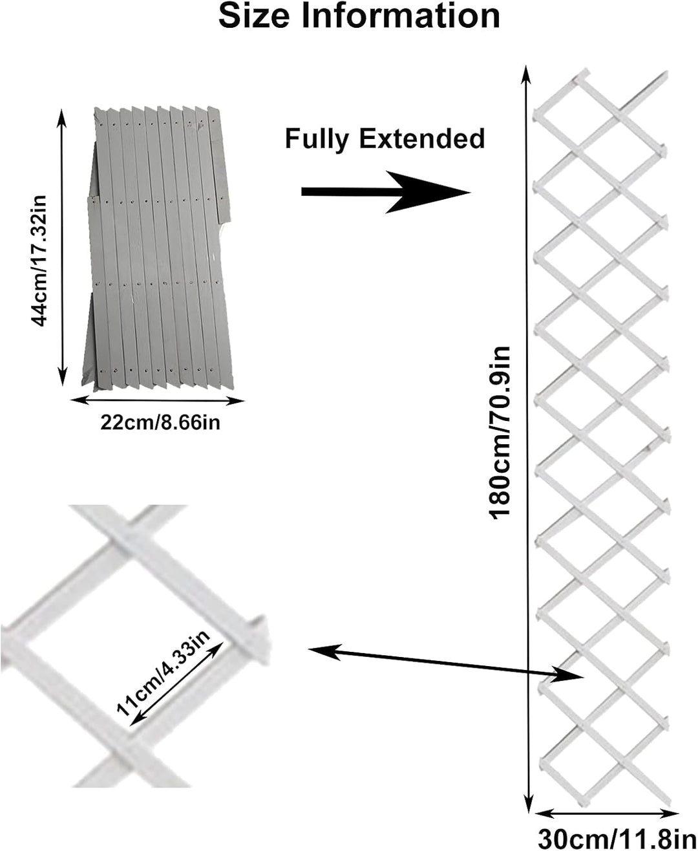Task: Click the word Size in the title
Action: (254, 16)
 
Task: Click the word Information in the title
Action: (401, 16)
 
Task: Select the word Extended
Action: (422, 138)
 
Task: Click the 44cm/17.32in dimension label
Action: (39, 261)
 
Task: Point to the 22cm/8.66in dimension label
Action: (160, 423)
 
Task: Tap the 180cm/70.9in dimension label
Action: (500, 432)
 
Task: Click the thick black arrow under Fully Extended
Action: (386, 192)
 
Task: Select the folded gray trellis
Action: (158, 249)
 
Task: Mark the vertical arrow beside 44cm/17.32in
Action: (61, 247)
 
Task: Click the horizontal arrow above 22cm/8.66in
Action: (157, 401)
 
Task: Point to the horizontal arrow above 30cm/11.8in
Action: (606, 813)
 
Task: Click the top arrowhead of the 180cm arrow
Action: (526, 74)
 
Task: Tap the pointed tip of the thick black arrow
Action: (470, 193)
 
